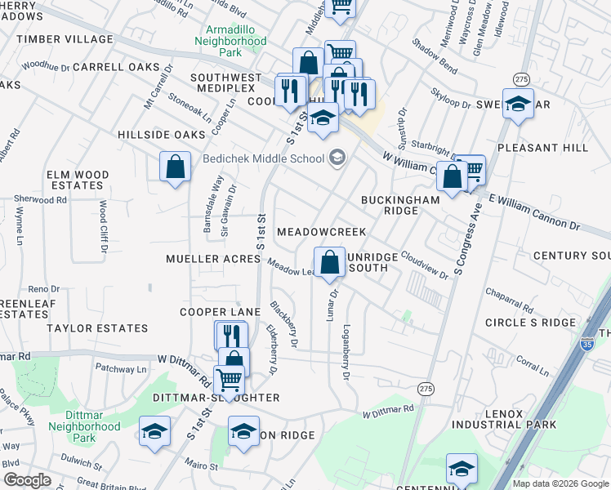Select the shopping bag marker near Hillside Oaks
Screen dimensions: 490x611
pyautogui.click(x=175, y=167)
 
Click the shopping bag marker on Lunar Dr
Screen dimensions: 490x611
pyautogui.click(x=329, y=264)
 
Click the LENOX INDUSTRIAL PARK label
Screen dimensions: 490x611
pyautogui.click(x=515, y=419)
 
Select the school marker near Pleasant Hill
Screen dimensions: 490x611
pyautogui.click(x=518, y=104)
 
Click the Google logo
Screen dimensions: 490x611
pyautogui.click(x=27, y=480)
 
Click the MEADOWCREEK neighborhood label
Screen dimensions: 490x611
pyautogui.click(x=321, y=232)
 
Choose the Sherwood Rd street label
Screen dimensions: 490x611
pyautogui.click(x=33, y=198)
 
